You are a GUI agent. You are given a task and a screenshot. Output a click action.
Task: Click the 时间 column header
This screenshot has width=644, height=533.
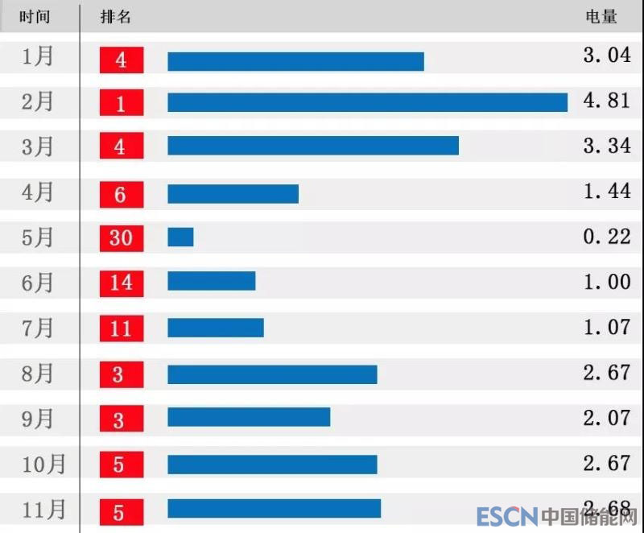coord(35,17)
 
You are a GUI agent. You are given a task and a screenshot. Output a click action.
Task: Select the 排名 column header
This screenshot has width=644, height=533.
coord(116,17)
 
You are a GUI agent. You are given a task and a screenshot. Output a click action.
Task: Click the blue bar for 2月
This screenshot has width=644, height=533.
coord(367,102)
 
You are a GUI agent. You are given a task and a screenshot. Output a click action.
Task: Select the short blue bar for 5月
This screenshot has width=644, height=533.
coord(180,237)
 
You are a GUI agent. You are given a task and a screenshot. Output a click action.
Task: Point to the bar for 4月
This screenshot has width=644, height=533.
coord(233,194)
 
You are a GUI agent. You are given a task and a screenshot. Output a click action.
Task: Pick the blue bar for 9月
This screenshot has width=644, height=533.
coord(249,417)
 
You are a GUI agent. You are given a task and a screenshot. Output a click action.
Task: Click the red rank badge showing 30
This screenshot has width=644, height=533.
coord(122,238)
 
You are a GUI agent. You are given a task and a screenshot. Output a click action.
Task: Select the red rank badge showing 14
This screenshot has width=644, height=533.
coord(122,283)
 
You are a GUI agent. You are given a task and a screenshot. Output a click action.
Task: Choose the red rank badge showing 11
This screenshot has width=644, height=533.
coord(122,328)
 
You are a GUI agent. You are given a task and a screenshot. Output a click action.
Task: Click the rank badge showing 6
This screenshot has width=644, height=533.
coord(122,194)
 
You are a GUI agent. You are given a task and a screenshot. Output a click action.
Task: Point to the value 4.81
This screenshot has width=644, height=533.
coord(607,101)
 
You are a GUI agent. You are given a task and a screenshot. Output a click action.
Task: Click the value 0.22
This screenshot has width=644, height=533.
coord(607,236)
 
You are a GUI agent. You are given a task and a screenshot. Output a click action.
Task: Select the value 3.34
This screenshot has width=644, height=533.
coord(607,146)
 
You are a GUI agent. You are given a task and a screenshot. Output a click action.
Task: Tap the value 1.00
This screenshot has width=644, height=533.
coord(607,282)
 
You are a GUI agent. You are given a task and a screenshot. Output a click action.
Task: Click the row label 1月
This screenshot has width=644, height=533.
coord(38,56)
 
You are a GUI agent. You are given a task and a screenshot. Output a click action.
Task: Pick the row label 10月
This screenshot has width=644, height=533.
coord(44,464)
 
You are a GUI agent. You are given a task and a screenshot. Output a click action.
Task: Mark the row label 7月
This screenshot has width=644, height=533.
coord(38,328)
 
